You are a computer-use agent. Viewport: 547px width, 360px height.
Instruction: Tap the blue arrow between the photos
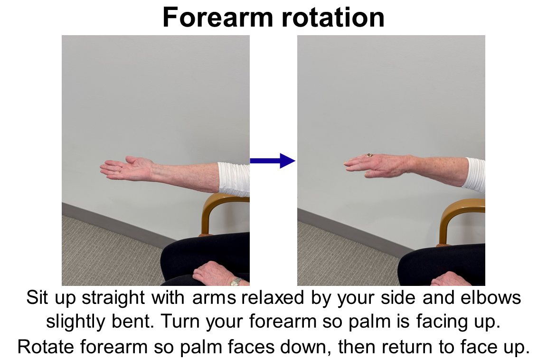[x=273, y=161]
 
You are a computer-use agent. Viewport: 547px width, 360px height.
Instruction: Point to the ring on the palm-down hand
[x=369, y=155]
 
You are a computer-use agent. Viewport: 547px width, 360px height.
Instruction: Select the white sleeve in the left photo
[x=234, y=178]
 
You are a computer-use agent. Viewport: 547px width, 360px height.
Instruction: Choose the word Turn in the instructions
[x=176, y=322]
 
